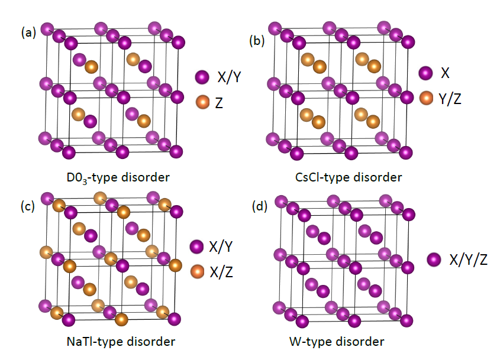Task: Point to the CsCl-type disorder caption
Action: pos(349,177)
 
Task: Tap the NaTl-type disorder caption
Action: pos(121,341)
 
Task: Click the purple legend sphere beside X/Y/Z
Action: pos(435,260)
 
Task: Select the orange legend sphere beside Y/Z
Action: pos(427,98)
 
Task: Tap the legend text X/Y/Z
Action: pos(468,259)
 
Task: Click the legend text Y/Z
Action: pos(450,98)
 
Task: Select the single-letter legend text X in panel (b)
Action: pos(444,73)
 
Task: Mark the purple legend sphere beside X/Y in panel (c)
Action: pos(198,247)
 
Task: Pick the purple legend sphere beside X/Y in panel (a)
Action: pos(202,76)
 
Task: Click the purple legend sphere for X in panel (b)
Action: pos(426,73)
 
